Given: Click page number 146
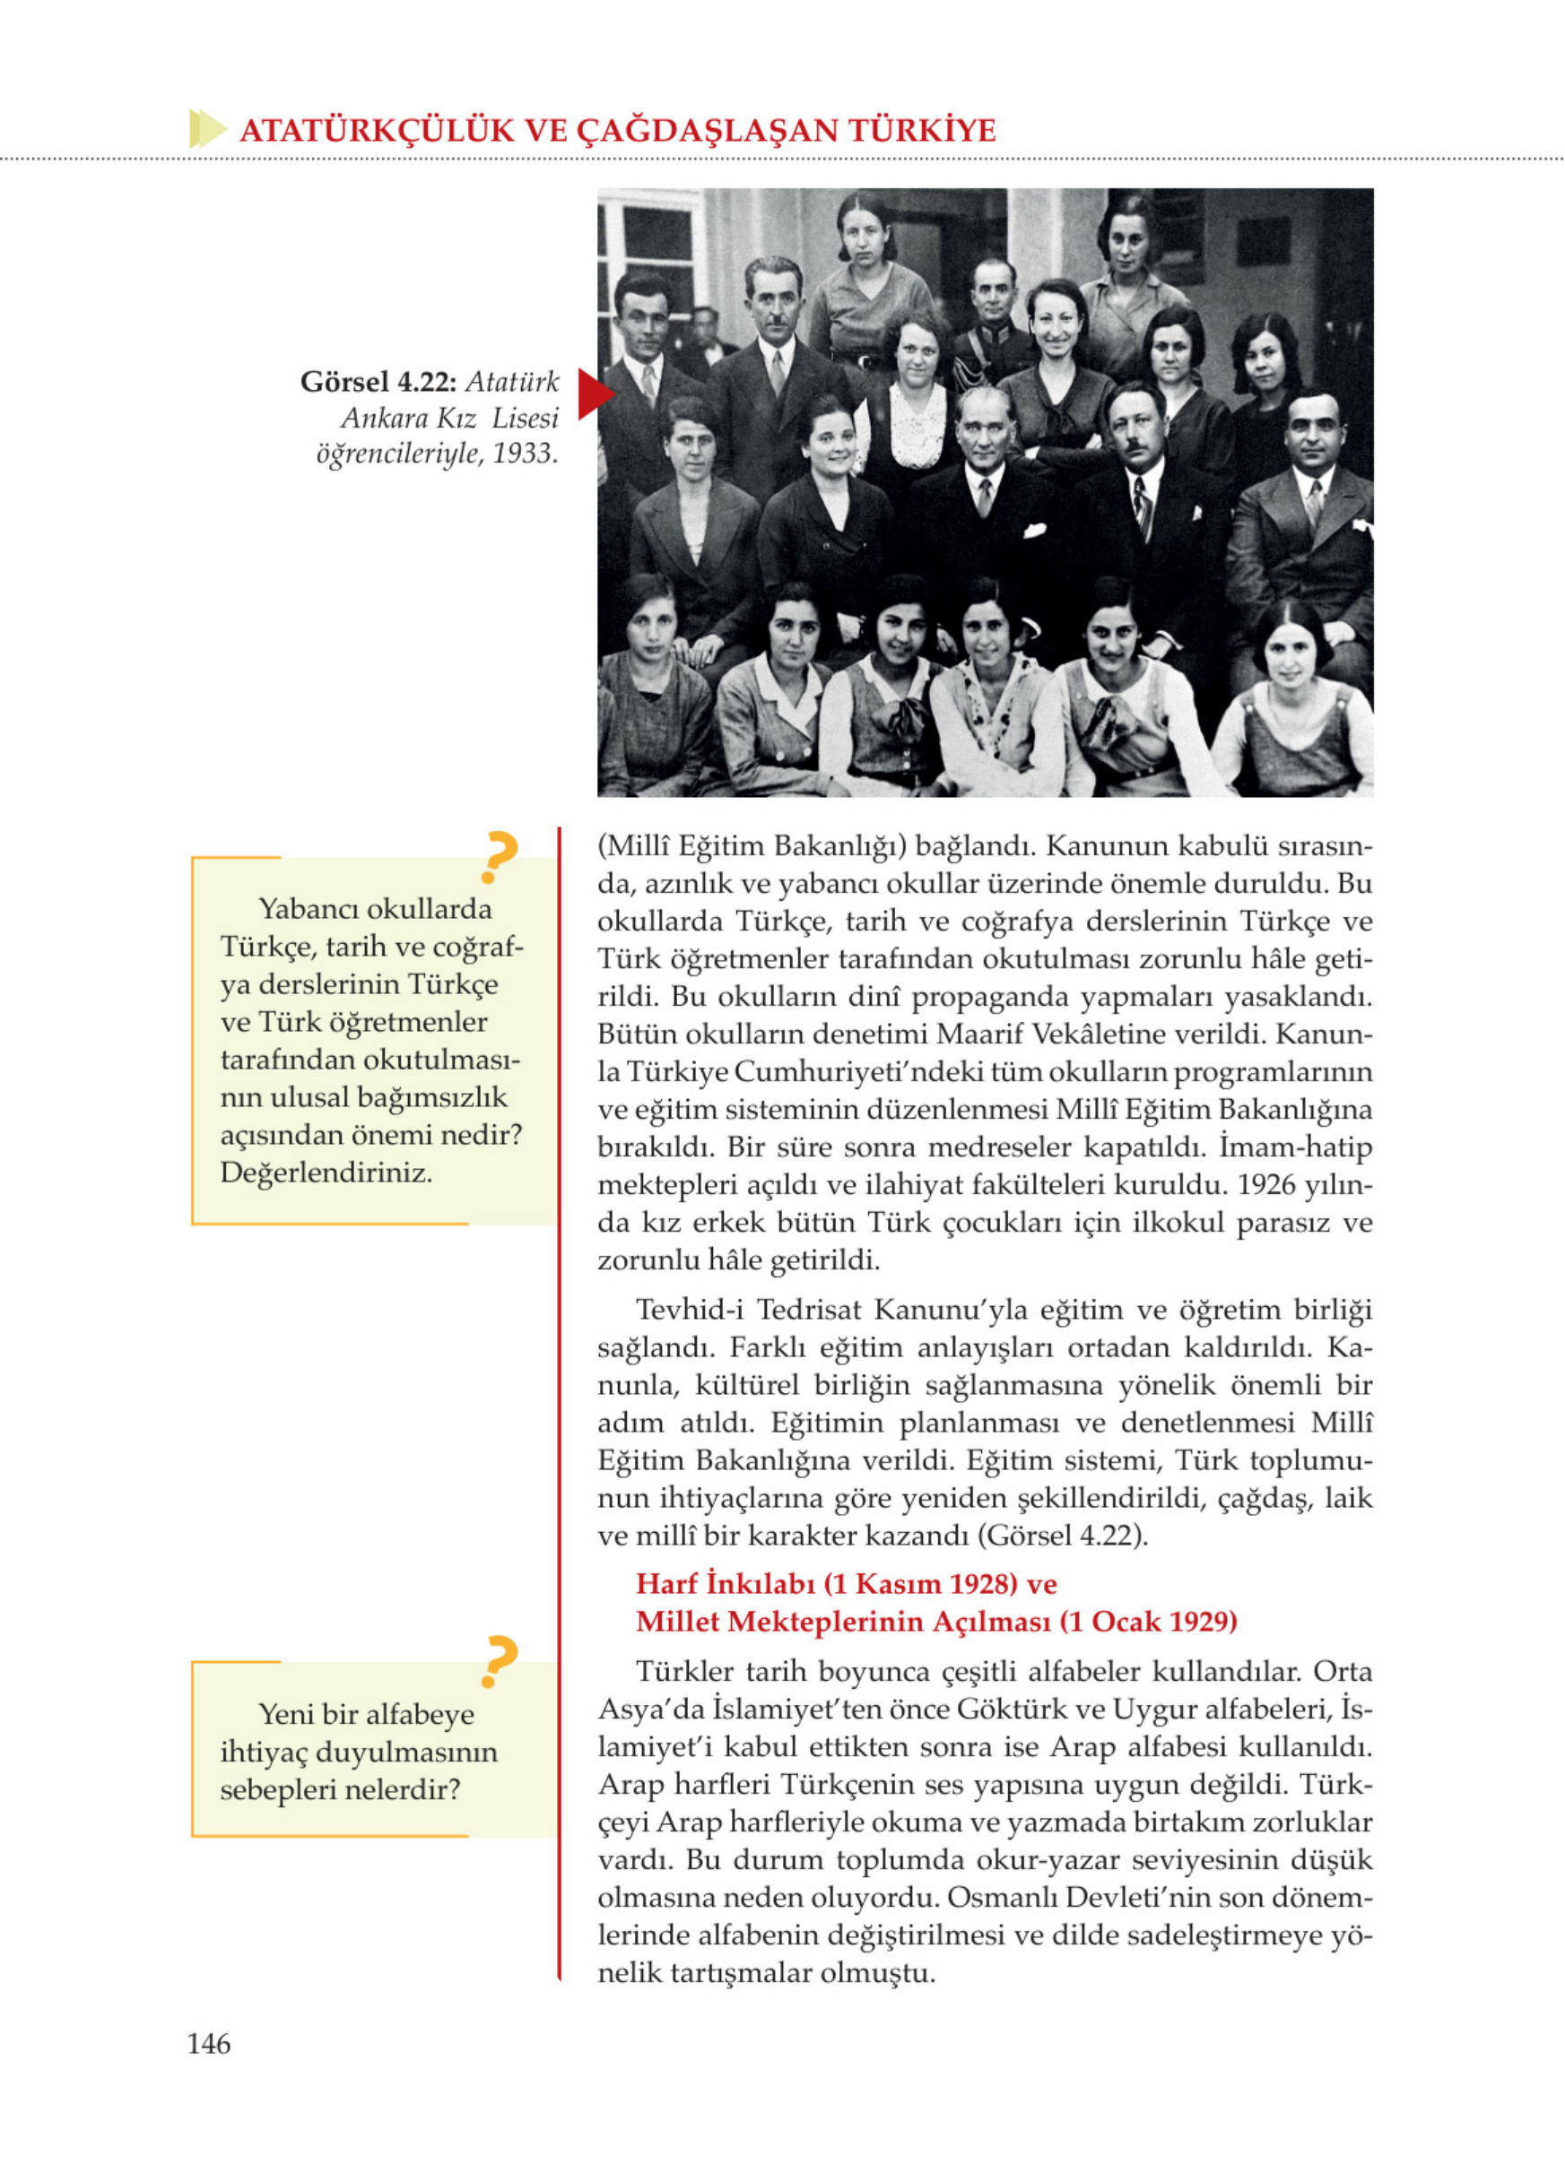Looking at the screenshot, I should click(x=208, y=2044).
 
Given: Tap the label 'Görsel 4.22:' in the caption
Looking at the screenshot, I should click(x=378, y=382).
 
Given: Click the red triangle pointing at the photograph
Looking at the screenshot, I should click(x=595, y=394).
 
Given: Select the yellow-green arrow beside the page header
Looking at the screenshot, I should click(x=207, y=128).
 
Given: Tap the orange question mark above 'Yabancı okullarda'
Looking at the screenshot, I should click(x=500, y=856).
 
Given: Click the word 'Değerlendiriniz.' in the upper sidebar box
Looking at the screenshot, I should click(x=326, y=1172).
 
